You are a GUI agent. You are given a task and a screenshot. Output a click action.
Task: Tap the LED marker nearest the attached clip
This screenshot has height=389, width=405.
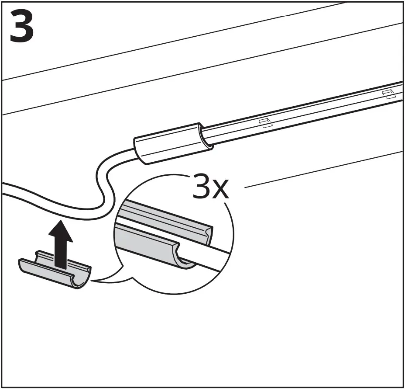pyautogui.click(x=265, y=122)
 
